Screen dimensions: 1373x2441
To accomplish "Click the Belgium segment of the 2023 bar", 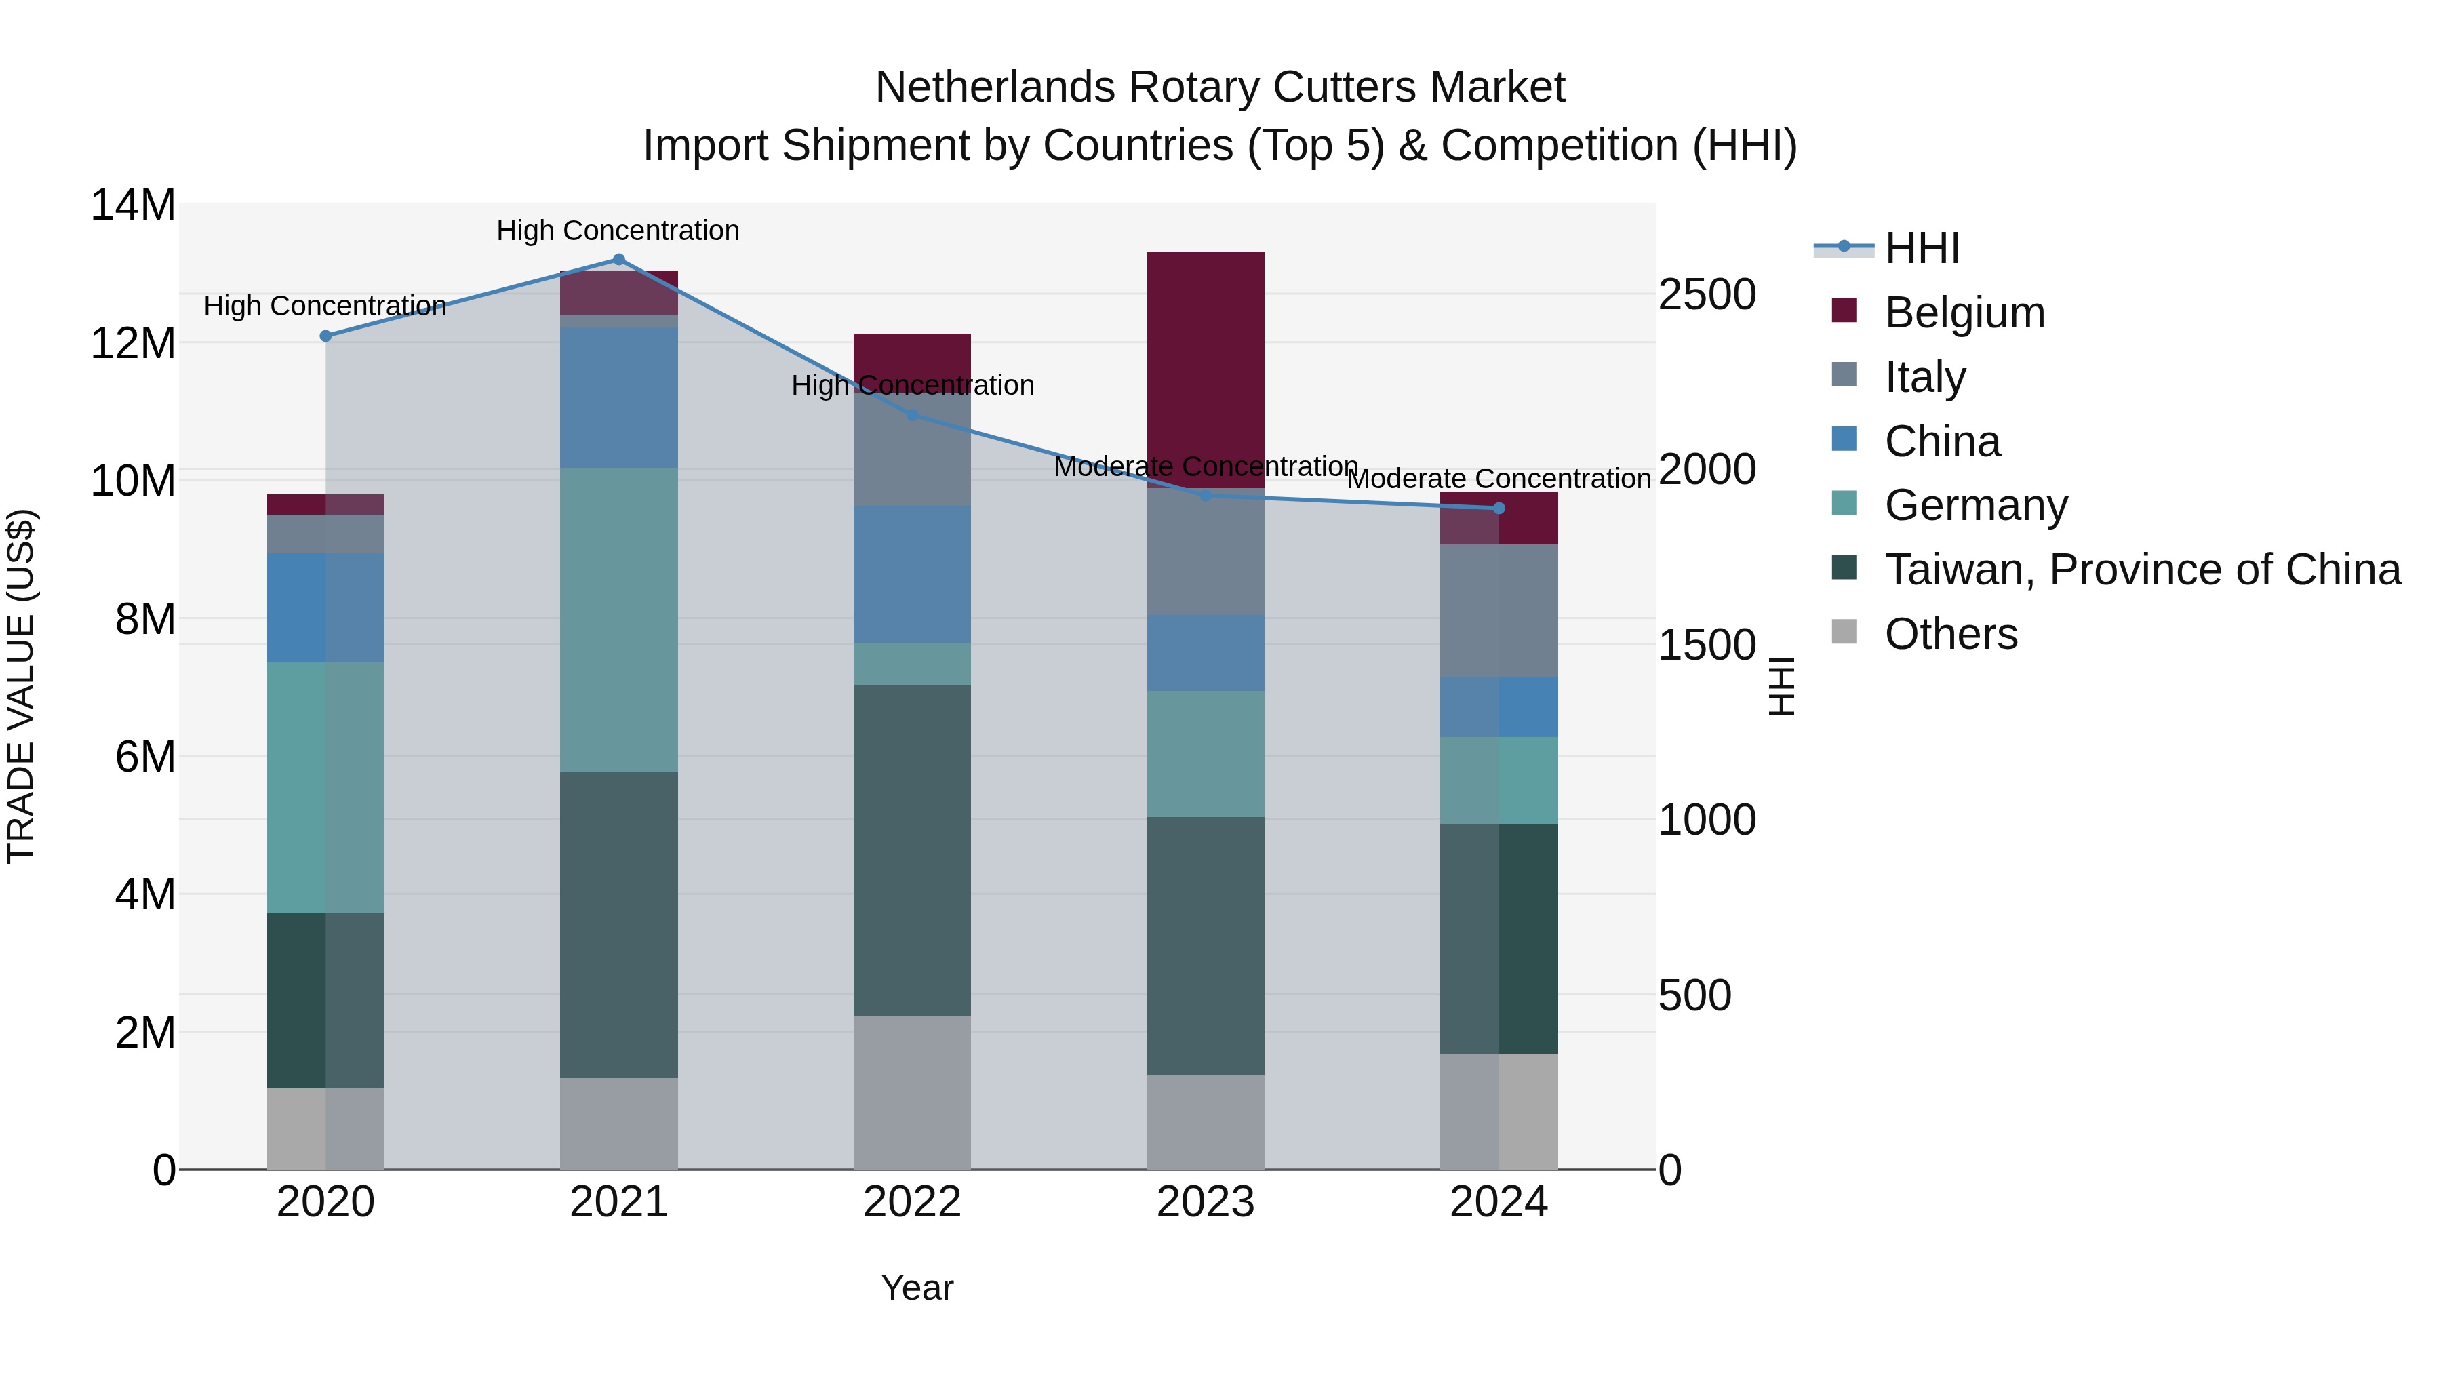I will click(x=1206, y=370).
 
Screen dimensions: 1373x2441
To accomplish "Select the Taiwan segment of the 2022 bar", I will click(x=911, y=850).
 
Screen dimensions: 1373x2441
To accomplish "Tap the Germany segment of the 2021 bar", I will click(x=619, y=620).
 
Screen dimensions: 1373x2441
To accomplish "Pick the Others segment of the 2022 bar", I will click(x=911, y=1092).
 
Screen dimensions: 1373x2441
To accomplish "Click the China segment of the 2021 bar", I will click(x=619, y=398).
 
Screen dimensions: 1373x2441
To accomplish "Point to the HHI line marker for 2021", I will click(x=619, y=260).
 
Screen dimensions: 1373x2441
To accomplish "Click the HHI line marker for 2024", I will click(x=1498, y=509).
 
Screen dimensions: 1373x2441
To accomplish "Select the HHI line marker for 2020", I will click(x=326, y=336).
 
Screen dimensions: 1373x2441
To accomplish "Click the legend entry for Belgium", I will click(x=1964, y=313).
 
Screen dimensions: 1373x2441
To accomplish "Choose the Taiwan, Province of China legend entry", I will click(x=2141, y=570).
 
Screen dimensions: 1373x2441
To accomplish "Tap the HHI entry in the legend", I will click(x=1921, y=248).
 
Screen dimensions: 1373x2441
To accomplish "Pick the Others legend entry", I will click(x=1950, y=634).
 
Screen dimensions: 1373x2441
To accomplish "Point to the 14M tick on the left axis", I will click(x=133, y=205).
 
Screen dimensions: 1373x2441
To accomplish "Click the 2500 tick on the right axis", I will click(x=1707, y=295).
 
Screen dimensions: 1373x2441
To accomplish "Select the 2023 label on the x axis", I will click(x=1206, y=1202).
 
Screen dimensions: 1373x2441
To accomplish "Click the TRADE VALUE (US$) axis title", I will click(x=21, y=686).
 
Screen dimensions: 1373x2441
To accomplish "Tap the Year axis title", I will click(x=916, y=1288).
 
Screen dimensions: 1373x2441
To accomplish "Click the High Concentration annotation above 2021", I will click(x=618, y=231).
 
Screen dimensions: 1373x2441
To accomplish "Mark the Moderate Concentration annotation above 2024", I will click(x=1498, y=479).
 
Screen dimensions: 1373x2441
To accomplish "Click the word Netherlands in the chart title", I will click(x=995, y=87).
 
